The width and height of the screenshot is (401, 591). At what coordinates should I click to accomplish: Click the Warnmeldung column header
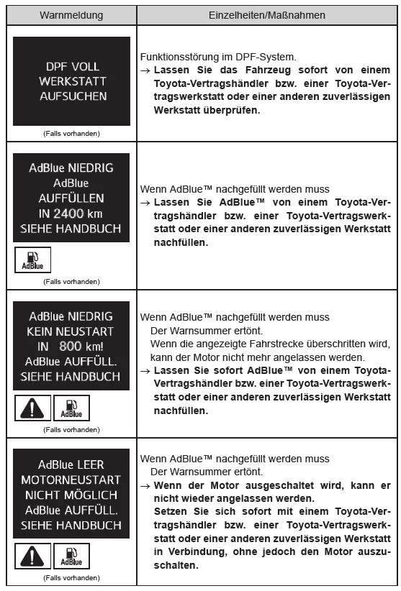pyautogui.click(x=71, y=14)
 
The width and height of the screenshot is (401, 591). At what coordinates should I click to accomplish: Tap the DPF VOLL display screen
pyautogui.click(x=71, y=81)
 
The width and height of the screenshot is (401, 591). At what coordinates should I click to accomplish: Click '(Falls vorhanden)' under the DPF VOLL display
pyautogui.click(x=71, y=132)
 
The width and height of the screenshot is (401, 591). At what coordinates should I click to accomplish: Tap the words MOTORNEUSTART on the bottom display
pyautogui.click(x=71, y=478)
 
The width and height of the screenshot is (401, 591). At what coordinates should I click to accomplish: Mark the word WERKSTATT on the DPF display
pyautogui.click(x=71, y=81)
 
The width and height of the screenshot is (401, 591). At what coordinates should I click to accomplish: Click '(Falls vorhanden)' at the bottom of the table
pyautogui.click(x=71, y=577)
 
